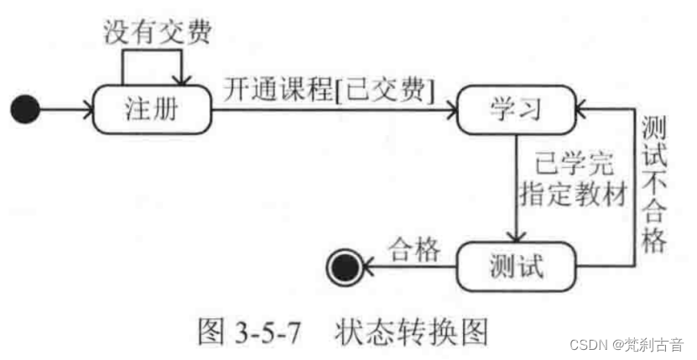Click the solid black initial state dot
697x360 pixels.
click(x=26, y=109)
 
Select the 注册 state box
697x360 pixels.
click(x=151, y=109)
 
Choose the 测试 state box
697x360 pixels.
click(x=515, y=266)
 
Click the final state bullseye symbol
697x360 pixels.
click(x=345, y=267)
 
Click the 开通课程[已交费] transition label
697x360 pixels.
click(x=329, y=88)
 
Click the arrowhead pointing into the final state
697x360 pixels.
click(x=367, y=267)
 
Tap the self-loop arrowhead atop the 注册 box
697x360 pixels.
click(x=178, y=80)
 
